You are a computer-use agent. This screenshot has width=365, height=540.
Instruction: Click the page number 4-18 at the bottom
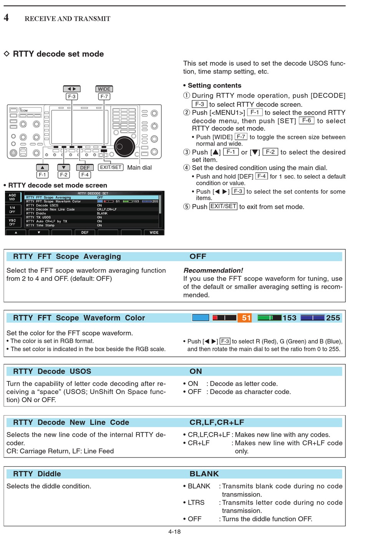tap(174, 532)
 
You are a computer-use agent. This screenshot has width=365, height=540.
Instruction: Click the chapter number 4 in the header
tap(6, 18)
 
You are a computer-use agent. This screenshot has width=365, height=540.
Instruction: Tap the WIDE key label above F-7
tap(104, 89)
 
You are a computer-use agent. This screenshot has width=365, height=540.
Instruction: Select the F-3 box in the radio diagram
tap(72, 96)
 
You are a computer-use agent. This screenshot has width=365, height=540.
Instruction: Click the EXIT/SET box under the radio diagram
tap(111, 167)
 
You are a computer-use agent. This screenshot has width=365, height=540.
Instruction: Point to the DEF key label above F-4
tap(85, 167)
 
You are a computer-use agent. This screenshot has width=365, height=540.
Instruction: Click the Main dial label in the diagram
tap(139, 167)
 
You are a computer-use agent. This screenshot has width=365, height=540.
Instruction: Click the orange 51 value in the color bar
tap(246, 318)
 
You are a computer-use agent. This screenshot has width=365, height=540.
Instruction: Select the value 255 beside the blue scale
tap(333, 318)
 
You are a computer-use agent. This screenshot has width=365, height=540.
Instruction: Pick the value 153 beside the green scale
tap(289, 318)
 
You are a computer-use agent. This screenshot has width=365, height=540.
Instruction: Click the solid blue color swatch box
tap(201, 318)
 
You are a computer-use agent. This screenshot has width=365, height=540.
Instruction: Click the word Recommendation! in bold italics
tap(213, 270)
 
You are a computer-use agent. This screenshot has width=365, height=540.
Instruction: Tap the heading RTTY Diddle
tap(37, 474)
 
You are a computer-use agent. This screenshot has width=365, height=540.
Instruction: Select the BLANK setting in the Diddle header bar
tap(204, 474)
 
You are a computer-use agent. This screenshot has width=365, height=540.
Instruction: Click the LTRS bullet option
tap(196, 502)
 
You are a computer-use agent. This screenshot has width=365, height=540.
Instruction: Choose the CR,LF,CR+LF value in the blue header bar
tap(217, 422)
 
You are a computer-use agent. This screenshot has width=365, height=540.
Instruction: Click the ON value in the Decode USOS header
tap(196, 371)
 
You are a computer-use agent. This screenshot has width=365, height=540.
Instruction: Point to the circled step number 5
tap(187, 207)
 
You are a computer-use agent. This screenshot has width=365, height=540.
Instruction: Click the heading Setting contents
tap(214, 85)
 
